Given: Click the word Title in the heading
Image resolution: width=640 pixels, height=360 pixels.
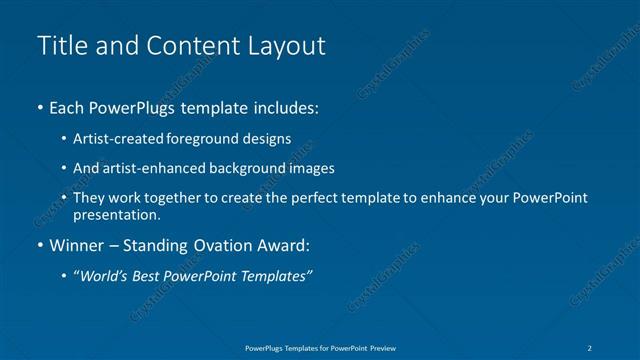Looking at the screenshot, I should tap(59, 46).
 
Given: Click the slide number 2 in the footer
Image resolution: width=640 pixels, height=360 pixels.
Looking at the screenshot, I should tap(590, 347).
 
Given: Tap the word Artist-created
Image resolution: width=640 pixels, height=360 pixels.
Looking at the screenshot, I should tap(114, 139).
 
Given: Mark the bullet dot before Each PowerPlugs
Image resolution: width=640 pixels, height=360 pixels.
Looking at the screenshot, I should tap(39, 107).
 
